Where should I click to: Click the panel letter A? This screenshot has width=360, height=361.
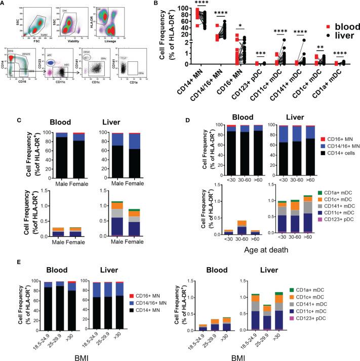tap(4, 4)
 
